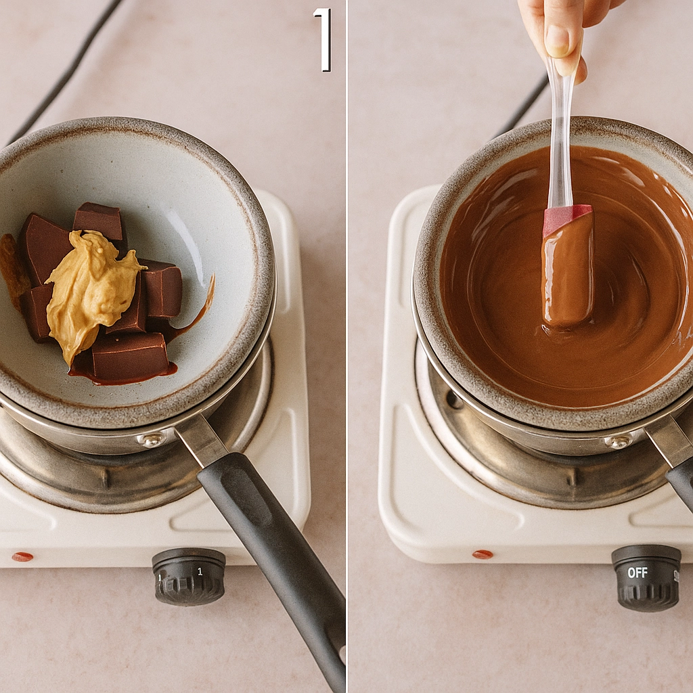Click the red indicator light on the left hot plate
tap(22, 556)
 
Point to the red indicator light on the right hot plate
tap(483, 554)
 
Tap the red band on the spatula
tap(566, 218)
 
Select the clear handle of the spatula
tap(560, 135)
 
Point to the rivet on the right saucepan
tap(619, 441)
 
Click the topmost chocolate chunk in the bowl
tap(99, 219)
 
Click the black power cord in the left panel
tap(64, 74)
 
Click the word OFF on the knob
tap(638, 573)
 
